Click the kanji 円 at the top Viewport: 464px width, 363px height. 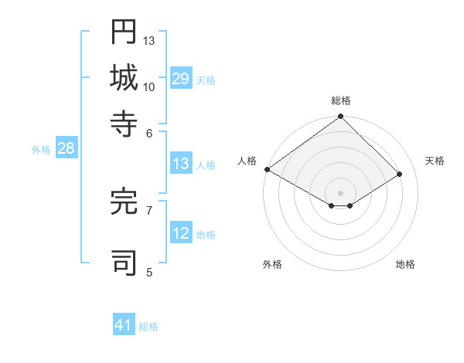pyautogui.click(x=124, y=32)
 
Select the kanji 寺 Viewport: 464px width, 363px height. pyautogui.click(x=124, y=124)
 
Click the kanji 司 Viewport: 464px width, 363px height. pyautogui.click(x=124, y=262)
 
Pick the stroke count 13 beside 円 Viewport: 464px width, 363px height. pyautogui.click(x=149, y=40)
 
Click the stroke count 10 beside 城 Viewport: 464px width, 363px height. pyautogui.click(x=149, y=87)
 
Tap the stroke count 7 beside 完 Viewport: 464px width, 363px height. pyautogui.click(x=149, y=209)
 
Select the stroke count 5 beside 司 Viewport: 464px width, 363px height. pyautogui.click(x=149, y=271)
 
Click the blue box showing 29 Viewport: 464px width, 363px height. pyautogui.click(x=180, y=78)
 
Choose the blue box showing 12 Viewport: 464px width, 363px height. pyautogui.click(x=180, y=234)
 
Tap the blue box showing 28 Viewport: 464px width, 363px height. pyautogui.click(x=66, y=149)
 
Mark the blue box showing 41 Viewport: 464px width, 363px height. pyautogui.click(x=124, y=325)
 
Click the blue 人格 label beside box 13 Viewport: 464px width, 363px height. pyautogui.click(x=206, y=165)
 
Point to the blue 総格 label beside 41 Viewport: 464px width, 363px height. pyautogui.click(x=148, y=327)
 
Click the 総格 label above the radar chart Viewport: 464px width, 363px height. pyautogui.click(x=340, y=100)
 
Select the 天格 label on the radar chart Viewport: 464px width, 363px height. pyautogui.click(x=435, y=161)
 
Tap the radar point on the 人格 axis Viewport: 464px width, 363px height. pyautogui.click(x=267, y=169)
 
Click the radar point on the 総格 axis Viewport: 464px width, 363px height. pyautogui.click(x=340, y=117)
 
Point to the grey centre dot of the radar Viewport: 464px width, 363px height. pyautogui.click(x=340, y=192)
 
